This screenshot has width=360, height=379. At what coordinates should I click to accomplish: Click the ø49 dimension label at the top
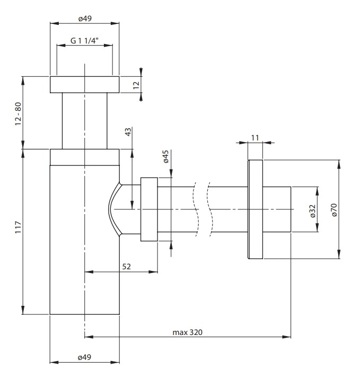(x=85, y=19)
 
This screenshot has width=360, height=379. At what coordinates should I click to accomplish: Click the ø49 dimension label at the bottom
(x=84, y=357)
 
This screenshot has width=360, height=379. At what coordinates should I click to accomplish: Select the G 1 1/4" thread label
(x=84, y=40)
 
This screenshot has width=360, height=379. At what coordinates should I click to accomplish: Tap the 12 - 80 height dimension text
(x=19, y=113)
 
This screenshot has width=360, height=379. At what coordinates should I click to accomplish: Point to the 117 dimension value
(x=19, y=227)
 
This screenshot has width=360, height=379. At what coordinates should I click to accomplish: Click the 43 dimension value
(x=128, y=131)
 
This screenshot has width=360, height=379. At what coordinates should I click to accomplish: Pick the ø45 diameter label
(x=165, y=156)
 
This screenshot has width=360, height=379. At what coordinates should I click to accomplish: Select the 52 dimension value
(x=126, y=267)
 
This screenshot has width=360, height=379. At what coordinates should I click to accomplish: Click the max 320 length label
(x=187, y=332)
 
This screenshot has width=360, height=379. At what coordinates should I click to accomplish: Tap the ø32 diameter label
(x=313, y=211)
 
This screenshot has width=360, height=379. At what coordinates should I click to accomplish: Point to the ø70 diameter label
(x=334, y=210)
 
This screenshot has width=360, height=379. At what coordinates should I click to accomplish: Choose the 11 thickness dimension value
(x=255, y=137)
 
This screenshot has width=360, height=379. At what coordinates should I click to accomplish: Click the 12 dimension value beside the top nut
(x=136, y=85)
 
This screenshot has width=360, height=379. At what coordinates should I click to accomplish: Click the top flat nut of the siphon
(x=85, y=85)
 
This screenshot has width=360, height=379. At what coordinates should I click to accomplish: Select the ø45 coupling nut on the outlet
(x=149, y=209)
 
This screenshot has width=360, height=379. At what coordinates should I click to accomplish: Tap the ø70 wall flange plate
(x=256, y=209)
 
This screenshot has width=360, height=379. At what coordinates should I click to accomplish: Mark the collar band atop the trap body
(x=85, y=157)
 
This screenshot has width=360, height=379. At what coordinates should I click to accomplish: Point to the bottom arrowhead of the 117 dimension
(x=23, y=310)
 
